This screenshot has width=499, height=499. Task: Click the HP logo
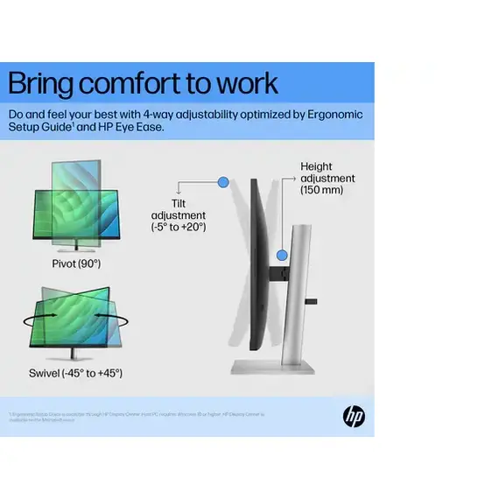(x=354, y=417)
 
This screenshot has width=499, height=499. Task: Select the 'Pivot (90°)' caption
(x=77, y=263)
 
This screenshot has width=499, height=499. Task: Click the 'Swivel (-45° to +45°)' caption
(x=76, y=373)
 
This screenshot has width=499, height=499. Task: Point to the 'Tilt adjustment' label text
(x=178, y=215)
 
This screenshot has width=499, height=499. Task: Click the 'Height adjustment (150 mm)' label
(x=327, y=178)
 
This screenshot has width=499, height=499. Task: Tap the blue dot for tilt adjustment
(x=222, y=182)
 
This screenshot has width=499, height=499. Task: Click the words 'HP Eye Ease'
(x=130, y=128)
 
